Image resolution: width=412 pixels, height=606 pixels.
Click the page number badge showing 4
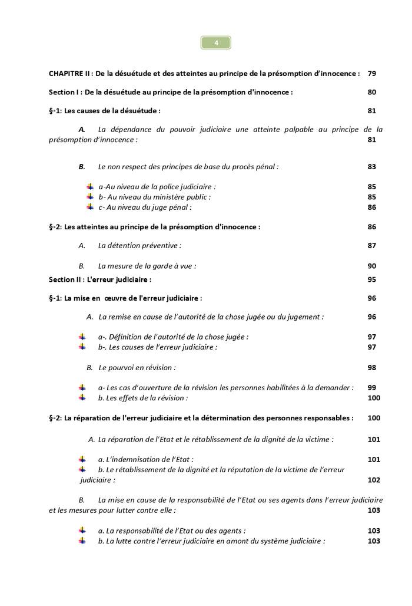click(x=215, y=42)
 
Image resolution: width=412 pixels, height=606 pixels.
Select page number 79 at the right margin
click(x=371, y=74)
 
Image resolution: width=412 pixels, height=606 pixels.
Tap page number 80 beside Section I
click(x=371, y=92)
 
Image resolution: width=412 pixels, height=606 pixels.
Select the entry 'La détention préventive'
click(x=139, y=245)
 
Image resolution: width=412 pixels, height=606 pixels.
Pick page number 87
click(x=371, y=245)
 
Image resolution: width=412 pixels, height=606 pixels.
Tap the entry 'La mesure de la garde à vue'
click(x=147, y=266)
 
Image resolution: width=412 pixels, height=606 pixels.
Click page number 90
click(x=371, y=266)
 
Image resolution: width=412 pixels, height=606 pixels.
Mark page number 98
click(x=371, y=367)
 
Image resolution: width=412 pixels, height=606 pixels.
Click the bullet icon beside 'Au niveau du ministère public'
click(x=90, y=197)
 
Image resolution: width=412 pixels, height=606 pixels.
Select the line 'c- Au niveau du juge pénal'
click(x=145, y=207)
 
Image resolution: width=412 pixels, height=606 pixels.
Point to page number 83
click(x=371, y=167)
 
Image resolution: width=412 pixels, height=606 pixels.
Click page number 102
click(x=373, y=480)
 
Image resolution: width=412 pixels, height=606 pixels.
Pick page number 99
click(x=371, y=387)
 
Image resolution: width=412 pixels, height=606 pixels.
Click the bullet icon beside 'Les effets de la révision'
click(x=82, y=398)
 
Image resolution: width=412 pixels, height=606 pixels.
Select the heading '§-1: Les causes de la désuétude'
click(x=105, y=110)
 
